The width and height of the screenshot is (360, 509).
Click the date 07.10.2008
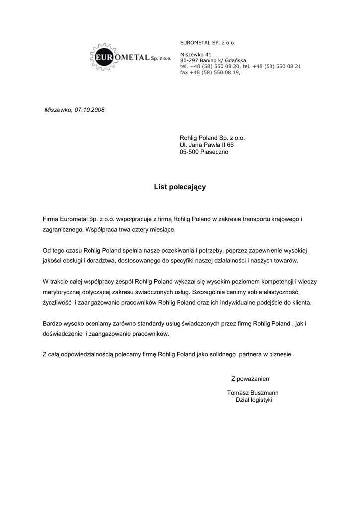[90, 109]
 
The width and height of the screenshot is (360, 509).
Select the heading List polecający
[180, 187]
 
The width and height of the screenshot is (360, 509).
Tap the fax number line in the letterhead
[210, 72]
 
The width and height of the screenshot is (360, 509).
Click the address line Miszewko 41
[196, 54]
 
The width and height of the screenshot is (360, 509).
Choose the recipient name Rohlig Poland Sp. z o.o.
[212, 138]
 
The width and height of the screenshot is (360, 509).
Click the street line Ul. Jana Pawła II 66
[206, 145]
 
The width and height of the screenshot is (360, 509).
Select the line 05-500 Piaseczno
[204, 152]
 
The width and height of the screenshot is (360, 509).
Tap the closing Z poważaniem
[251, 378]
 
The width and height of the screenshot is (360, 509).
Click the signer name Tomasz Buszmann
[253, 393]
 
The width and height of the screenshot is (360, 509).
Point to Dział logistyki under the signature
[253, 400]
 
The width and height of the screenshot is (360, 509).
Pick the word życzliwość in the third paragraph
[57, 302]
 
